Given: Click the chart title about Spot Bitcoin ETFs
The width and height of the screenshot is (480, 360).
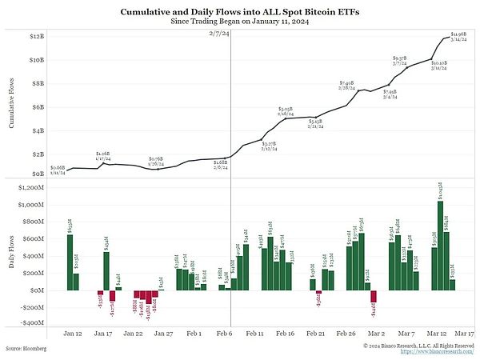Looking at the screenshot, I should coord(240,12).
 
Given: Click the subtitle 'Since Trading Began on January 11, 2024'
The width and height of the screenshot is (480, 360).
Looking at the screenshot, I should coord(240,22).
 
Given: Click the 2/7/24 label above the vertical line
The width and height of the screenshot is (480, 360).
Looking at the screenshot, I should coord(220,35).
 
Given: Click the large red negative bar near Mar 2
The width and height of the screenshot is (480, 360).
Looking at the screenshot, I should coord(373,296).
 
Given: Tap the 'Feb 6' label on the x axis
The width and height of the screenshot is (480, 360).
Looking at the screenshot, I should coord(225,332).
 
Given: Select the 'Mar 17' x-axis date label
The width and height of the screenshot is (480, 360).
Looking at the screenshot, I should coord(464,332).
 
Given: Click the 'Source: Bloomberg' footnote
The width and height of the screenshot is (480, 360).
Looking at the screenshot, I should coord(26,349).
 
